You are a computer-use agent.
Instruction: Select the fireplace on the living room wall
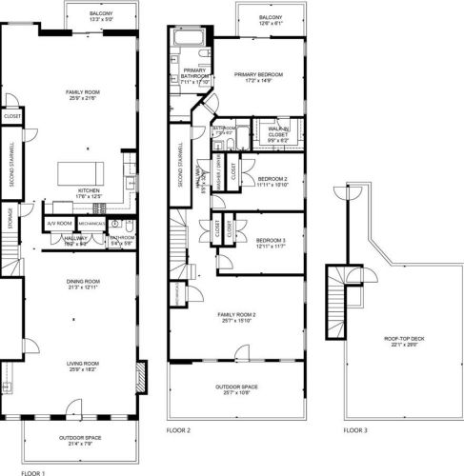point(142,378)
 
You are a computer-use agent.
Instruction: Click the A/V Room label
point(58,224)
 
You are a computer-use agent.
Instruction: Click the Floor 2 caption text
point(179,430)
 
